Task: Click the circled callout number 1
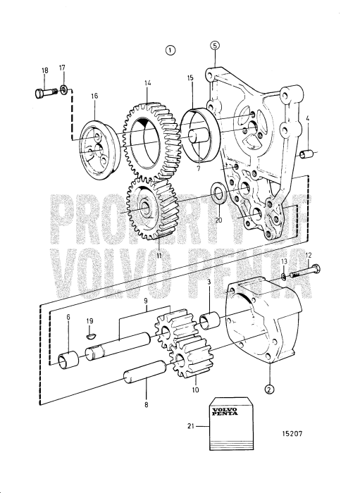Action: [x=170, y=50]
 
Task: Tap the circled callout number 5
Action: [x=215, y=45]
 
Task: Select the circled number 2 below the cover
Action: [x=269, y=389]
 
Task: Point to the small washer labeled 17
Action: [x=64, y=89]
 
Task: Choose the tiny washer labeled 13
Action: [x=284, y=276]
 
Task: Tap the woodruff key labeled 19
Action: [x=89, y=337]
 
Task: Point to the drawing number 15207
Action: [x=292, y=434]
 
